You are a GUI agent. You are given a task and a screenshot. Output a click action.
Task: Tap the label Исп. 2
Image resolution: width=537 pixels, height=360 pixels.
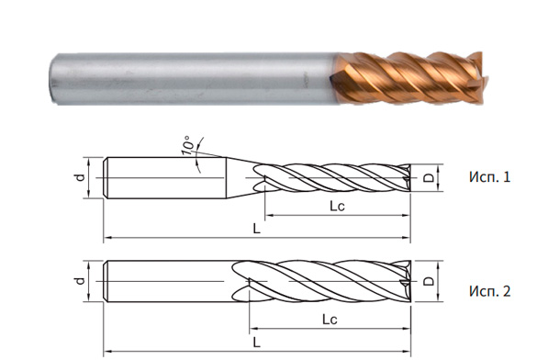[486, 292]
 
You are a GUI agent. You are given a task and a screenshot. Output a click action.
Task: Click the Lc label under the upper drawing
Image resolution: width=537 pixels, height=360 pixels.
[338, 208]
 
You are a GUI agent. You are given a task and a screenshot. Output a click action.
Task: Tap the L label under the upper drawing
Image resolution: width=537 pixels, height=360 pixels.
[257, 229]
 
